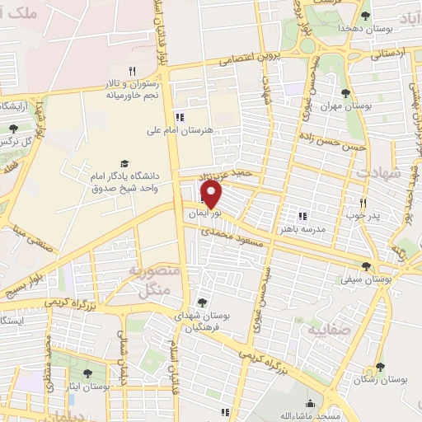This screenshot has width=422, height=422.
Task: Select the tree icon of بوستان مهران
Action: (345, 93)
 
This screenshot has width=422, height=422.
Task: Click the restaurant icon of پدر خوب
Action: (361, 202)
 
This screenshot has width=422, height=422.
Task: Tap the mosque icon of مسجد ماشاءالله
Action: (309, 404)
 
